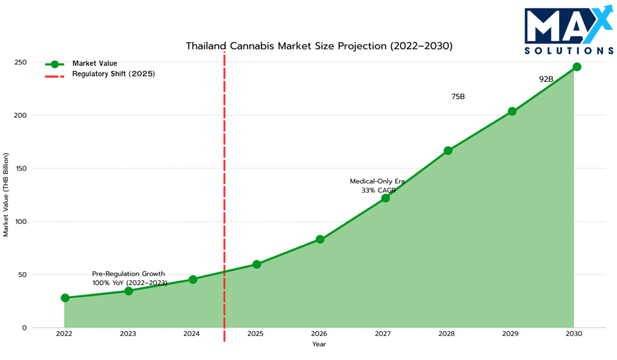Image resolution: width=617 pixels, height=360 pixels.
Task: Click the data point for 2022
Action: click(65, 298)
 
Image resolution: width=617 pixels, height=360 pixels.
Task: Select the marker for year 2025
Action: click(257, 264)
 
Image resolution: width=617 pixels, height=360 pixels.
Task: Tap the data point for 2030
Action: click(577, 67)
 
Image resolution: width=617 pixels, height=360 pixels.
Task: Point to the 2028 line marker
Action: click(448, 151)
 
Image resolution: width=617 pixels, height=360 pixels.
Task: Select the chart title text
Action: click(319, 46)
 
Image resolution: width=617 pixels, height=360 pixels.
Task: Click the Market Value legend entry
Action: click(95, 63)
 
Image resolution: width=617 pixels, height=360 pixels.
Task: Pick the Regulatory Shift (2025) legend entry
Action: click(114, 74)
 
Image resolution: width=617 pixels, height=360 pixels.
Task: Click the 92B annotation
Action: click(546, 79)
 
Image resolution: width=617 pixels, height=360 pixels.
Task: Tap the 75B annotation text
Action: click(458, 96)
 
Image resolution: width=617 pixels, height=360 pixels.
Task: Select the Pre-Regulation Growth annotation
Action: click(128, 274)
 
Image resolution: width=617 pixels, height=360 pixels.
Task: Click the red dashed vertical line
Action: click(224, 181)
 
